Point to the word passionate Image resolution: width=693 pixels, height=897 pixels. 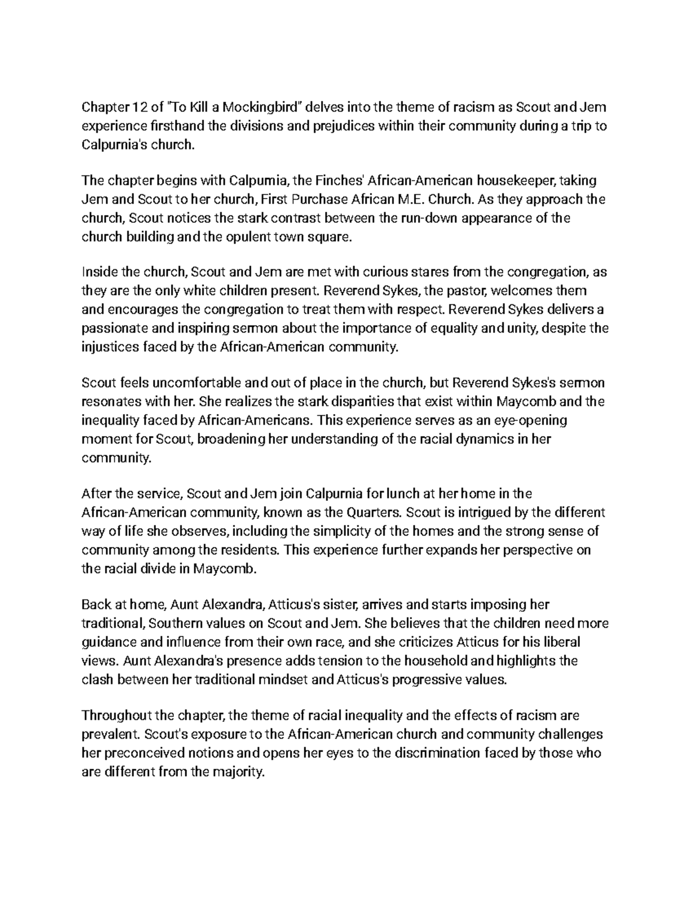116,329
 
